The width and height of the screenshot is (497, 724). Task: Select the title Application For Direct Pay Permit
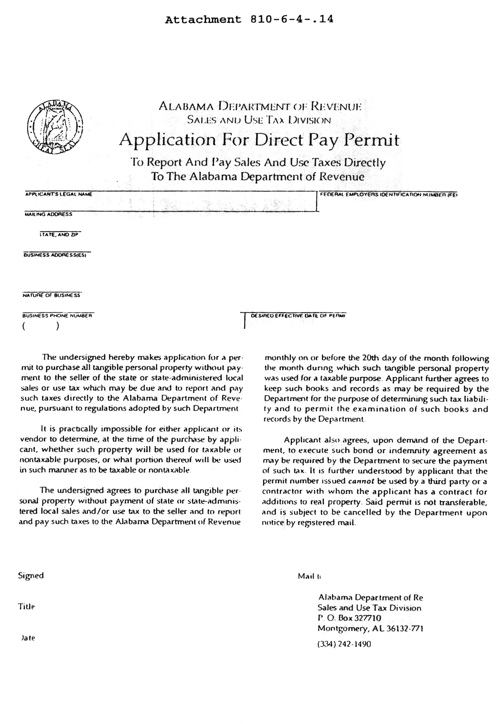click(259, 140)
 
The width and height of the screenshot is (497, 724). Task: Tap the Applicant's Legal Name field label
click(59, 194)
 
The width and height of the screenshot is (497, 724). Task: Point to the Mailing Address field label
click(48, 214)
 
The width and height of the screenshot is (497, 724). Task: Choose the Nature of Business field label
click(51, 295)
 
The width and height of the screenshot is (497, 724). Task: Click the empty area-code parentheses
click(40, 326)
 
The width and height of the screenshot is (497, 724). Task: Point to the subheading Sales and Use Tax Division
click(259, 120)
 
